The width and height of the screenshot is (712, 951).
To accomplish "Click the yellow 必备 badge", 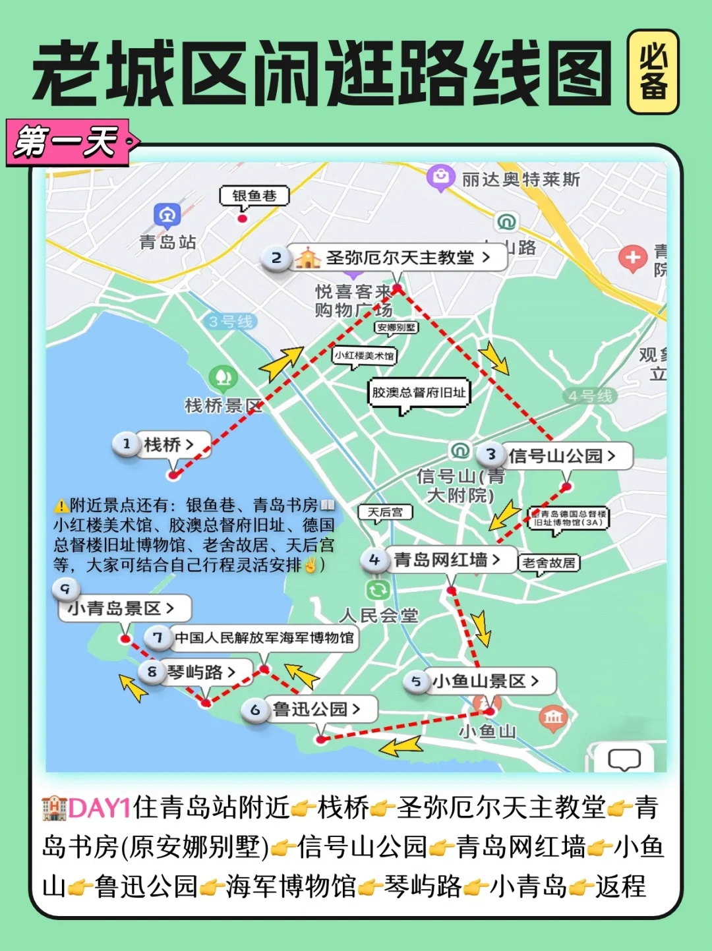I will (x=653, y=72).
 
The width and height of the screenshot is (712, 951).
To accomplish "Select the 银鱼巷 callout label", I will (x=254, y=196).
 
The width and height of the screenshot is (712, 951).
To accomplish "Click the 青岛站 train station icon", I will (x=167, y=215).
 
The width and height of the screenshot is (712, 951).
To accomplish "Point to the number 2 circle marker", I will (x=276, y=258).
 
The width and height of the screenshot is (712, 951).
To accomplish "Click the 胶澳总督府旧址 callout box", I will (x=419, y=393).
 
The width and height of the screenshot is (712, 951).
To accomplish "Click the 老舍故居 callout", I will (x=549, y=563).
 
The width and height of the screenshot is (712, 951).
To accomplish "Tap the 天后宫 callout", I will (x=385, y=512).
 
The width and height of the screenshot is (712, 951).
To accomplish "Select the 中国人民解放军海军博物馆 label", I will (x=264, y=638).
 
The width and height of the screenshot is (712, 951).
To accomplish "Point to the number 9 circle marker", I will (x=65, y=589).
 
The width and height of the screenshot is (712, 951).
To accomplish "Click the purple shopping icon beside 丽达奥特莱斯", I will (x=440, y=176).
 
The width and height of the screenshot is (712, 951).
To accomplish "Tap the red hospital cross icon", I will (x=632, y=258).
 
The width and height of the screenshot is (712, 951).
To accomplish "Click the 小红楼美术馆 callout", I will (x=364, y=355).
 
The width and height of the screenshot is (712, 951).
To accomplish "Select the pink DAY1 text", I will (x=100, y=808).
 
